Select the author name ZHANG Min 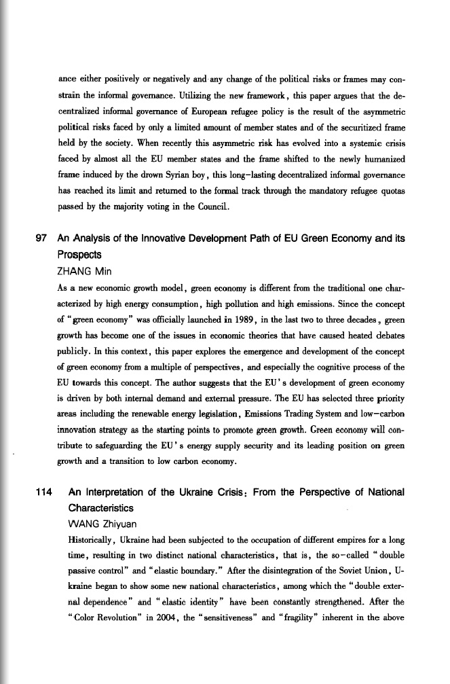pos(84,270)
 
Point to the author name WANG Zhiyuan pos(94,523)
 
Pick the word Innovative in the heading pos(162,238)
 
